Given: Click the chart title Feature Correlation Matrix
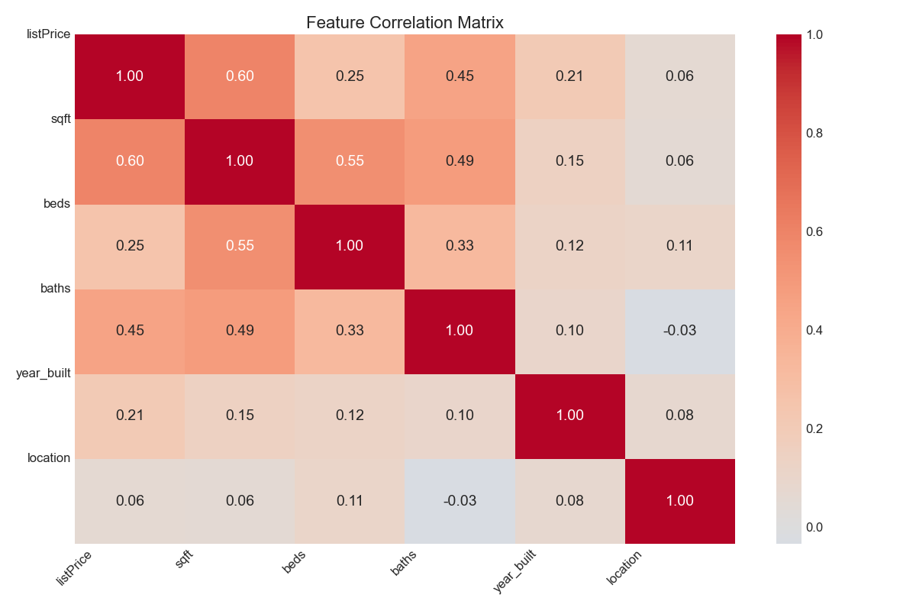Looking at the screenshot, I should pos(405,23).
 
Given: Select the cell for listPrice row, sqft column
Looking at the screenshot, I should pos(240,76).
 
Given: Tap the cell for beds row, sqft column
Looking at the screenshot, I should pos(240,246).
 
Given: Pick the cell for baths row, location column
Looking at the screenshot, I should pos(680,331).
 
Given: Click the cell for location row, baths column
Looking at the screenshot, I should pos(460,501).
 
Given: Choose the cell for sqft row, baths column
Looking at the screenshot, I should pos(460,161).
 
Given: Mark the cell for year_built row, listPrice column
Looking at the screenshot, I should pos(130,415).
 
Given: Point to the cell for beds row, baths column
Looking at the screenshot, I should pos(460,246).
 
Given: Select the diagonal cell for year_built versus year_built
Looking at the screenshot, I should pos(570,415).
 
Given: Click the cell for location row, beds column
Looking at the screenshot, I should pos(350,501).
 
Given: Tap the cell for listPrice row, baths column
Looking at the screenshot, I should pos(460,76).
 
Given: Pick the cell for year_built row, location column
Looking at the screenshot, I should pos(680,415).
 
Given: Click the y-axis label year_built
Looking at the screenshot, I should pos(44,373).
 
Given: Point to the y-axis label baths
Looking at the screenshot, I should pos(55,289).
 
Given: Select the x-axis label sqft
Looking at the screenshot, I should pos(184,561).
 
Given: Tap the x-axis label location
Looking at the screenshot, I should pos(624,568).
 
